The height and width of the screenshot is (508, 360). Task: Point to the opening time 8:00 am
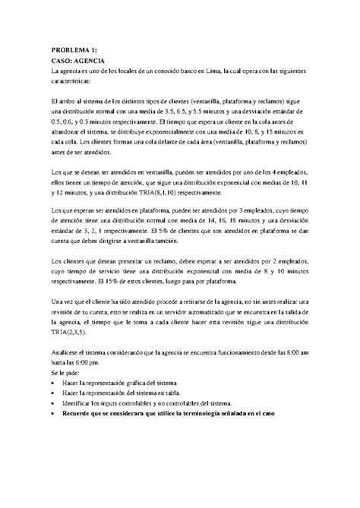click(293, 352)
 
